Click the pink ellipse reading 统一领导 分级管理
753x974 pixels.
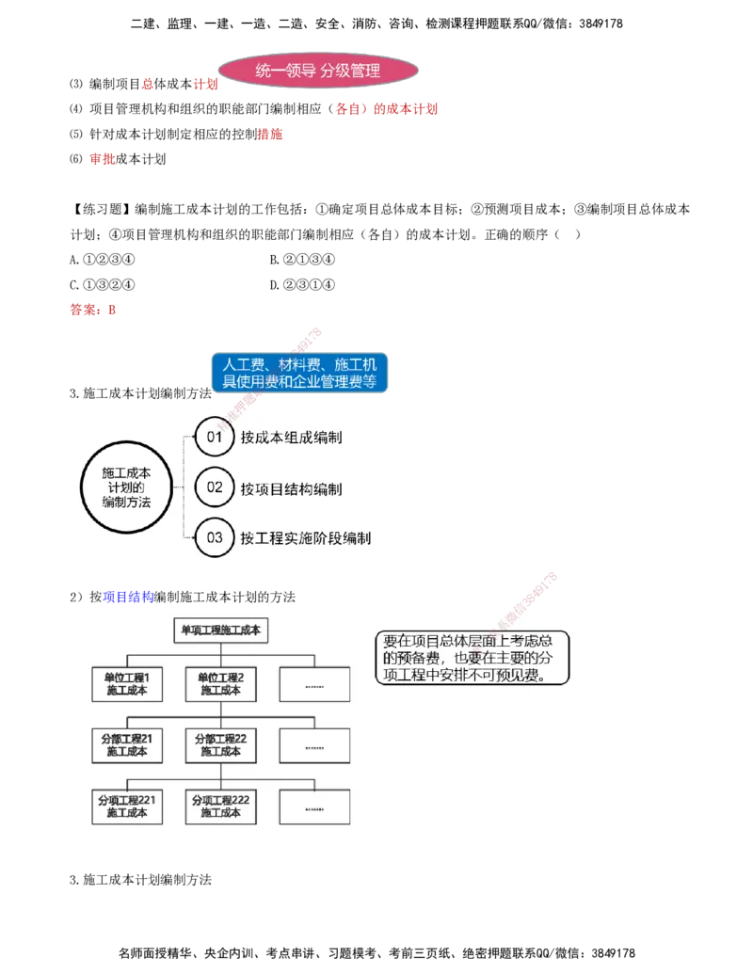click(318, 72)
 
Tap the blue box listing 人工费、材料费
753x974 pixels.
click(299, 373)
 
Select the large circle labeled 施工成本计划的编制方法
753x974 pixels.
click(126, 488)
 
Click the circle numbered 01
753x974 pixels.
click(215, 438)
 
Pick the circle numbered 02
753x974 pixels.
click(215, 487)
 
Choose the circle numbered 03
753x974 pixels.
click(215, 538)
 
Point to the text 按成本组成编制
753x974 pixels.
click(291, 438)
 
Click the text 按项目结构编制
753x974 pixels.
click(291, 488)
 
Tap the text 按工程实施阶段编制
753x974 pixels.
click(305, 538)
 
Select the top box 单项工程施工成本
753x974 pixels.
click(221, 630)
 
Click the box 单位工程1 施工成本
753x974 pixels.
click(127, 684)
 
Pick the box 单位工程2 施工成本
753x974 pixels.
click(221, 684)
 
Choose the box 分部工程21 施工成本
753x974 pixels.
click(127, 745)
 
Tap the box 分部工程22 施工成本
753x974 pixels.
click(221, 745)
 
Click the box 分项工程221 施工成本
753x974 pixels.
click(127, 806)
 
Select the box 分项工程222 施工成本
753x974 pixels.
click(221, 806)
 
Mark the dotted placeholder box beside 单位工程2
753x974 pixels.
click(314, 684)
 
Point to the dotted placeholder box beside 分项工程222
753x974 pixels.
click(314, 806)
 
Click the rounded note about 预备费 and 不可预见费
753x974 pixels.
click(472, 658)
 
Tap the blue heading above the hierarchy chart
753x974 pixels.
click(127, 597)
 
